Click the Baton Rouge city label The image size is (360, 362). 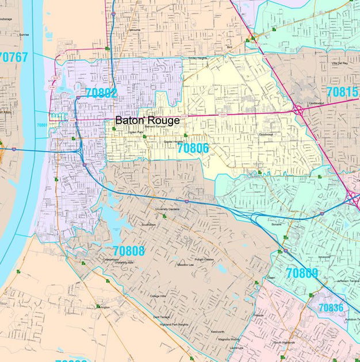tap(147, 121)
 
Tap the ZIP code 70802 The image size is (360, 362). tap(101, 93)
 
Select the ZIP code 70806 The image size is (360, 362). tap(193, 148)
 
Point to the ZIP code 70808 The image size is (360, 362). tap(129, 251)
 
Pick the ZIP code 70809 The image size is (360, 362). tap(302, 273)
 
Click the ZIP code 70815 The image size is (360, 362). tap(342, 92)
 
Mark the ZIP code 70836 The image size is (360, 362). tap(331, 307)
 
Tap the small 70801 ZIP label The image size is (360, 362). tap(42, 125)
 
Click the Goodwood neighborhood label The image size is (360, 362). tap(266, 134)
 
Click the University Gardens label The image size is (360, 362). tap(167, 209)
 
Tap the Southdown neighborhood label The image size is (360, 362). tap(148, 224)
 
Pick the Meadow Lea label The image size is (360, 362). tap(185, 265)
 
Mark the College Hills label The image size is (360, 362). tap(158, 296)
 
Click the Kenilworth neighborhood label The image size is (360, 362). tap(217, 332)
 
